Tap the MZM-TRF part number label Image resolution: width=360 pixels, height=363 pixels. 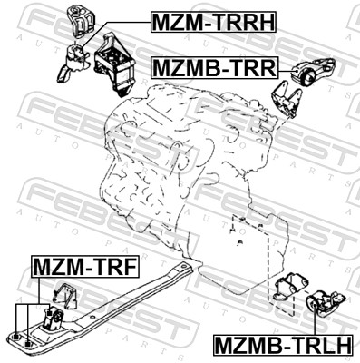click(x=84, y=266)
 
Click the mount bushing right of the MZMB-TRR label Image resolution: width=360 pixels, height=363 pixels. click(x=318, y=73)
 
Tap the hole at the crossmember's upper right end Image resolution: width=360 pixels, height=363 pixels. click(x=185, y=266)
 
